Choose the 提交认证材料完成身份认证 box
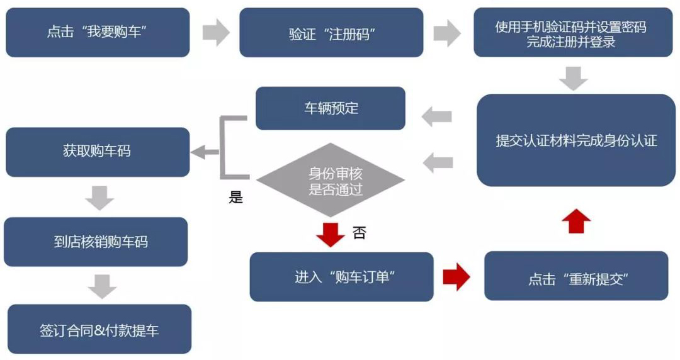click(575, 140)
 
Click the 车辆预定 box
click(330, 108)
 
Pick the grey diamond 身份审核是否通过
click(330, 181)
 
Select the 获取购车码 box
click(98, 152)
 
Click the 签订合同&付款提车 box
click(99, 329)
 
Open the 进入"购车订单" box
click(341, 277)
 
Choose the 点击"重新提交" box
click(575, 277)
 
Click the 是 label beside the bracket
click(235, 198)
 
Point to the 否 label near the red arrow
click(359, 233)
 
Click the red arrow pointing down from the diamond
click(330, 233)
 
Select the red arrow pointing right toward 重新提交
click(456, 277)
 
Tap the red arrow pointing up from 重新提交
click(575, 222)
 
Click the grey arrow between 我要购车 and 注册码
click(216, 33)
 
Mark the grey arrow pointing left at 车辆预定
click(437, 116)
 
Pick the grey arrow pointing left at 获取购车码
click(205, 152)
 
